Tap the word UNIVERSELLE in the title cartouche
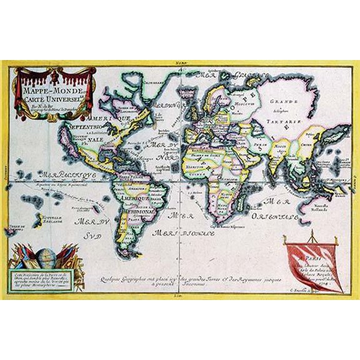click(x=59, y=97)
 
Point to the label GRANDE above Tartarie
click(x=282, y=101)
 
